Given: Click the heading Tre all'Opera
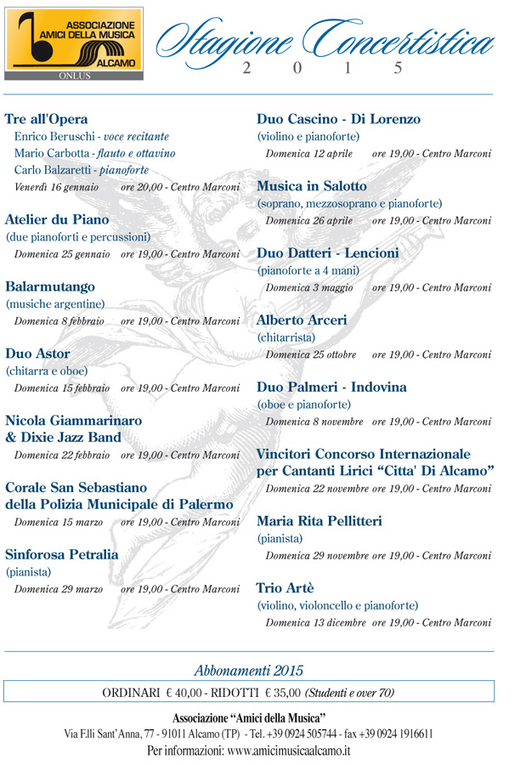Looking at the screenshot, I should coord(47,119).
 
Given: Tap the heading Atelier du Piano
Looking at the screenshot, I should coord(57,219).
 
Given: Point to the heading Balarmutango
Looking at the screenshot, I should coord(50,286).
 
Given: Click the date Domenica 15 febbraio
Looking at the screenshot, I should coord(62,388).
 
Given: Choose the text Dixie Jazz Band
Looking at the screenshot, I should coord(71,438).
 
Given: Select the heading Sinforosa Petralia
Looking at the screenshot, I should coord(62,554).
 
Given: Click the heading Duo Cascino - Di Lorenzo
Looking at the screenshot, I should coord(338,119).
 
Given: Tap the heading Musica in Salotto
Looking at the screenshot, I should coord(312,185).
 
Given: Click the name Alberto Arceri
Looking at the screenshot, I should coord(302,320).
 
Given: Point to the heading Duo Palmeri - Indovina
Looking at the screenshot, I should coord(331,387).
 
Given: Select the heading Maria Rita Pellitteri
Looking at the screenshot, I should coord(319,520).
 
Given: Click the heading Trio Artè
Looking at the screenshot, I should coord(285,587).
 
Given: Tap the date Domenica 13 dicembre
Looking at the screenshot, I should coord(315,622).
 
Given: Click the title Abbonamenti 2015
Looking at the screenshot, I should coord(248,671).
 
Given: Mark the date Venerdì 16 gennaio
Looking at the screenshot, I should coord(56,187).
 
